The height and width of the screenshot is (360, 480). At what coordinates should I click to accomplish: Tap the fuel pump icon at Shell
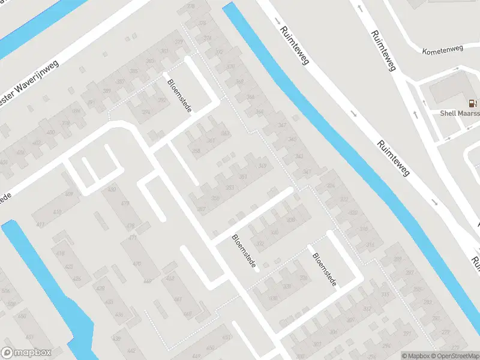473,103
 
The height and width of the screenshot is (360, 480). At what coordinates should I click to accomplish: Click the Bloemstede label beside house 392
178,93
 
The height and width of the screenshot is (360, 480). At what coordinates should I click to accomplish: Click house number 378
191,7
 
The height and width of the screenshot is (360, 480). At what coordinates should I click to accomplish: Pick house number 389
107,91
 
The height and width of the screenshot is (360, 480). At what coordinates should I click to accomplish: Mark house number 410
57,212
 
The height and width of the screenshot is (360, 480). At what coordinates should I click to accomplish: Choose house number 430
111,190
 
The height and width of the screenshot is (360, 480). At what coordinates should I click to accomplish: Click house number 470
137,263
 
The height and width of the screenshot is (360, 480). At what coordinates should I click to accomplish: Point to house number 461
178,299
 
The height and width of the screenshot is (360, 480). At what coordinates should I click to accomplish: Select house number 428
100,289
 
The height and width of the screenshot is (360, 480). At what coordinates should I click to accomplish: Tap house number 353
229,188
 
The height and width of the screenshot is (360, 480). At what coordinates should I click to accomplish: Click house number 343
299,157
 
